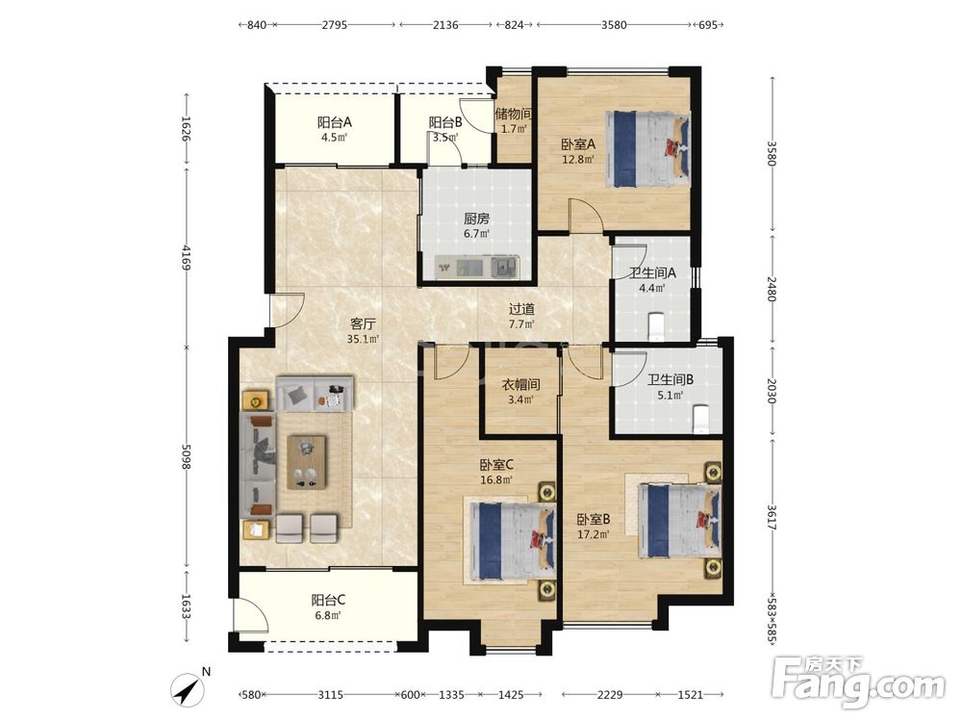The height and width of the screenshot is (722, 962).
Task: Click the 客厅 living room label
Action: click(363, 323)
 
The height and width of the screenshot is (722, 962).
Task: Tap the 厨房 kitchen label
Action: click(476, 219)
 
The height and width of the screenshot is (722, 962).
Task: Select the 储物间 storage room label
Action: click(514, 115)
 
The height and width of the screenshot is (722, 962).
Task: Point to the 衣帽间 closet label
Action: click(520, 385)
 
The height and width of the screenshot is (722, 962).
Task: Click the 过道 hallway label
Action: click(521, 309)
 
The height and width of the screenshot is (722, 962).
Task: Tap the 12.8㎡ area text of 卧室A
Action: click(578, 160)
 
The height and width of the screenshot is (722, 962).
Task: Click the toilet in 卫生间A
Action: click(656, 326)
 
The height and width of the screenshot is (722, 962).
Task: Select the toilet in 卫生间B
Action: click(700, 419)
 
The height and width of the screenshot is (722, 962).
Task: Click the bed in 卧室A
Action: click(647, 148)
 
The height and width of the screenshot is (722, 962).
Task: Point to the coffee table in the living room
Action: click(307, 462)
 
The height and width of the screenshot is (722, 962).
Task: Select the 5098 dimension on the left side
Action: click(187, 455)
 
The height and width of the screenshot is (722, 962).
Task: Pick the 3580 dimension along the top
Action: click(614, 25)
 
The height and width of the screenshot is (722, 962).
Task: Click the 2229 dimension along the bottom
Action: click(610, 694)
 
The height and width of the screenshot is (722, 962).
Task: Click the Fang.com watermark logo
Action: click(858, 681)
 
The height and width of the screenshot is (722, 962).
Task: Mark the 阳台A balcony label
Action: click(335, 122)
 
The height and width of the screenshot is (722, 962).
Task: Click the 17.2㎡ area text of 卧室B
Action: click(594, 534)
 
